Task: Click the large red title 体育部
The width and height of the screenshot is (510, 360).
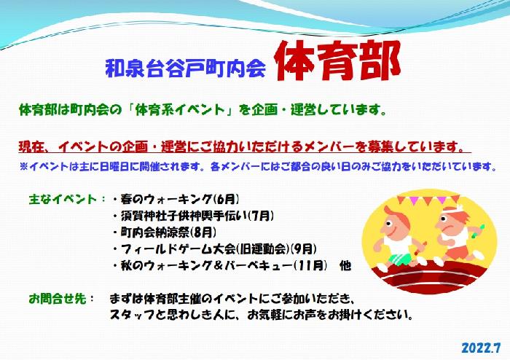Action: (x=337, y=60)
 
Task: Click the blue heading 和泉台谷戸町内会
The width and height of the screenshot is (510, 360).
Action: (x=185, y=68)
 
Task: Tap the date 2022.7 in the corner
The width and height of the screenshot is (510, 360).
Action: (x=481, y=348)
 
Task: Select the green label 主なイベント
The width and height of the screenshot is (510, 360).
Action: (x=63, y=199)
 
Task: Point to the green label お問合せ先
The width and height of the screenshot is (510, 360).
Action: (x=58, y=299)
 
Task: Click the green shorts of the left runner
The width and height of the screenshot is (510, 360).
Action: (x=399, y=259)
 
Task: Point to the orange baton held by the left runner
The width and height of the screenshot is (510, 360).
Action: (x=423, y=246)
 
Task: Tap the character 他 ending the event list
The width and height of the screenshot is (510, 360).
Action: (x=345, y=266)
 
